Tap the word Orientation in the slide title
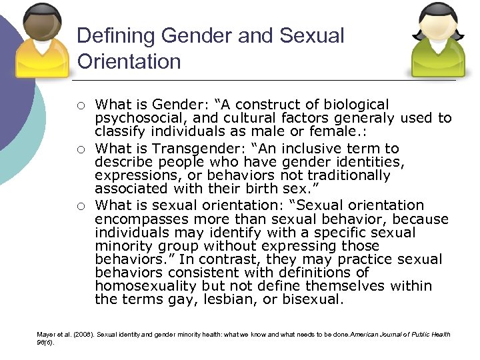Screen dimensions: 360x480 pyautogui.click(x=129, y=61)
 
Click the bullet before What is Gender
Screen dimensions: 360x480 pyautogui.click(x=80, y=105)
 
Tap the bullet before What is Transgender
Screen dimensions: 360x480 pyautogui.click(x=80, y=149)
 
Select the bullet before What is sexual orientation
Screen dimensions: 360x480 pyautogui.click(x=80, y=205)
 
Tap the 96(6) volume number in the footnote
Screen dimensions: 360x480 pyautogui.click(x=45, y=343)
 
